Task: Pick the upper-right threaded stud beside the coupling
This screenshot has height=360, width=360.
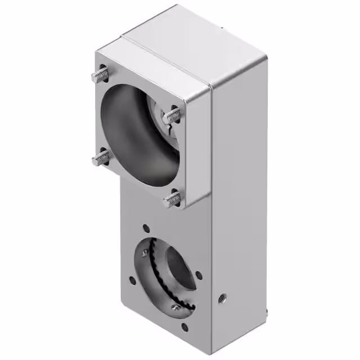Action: tap(172, 115)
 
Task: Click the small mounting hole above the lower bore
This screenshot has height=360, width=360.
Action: tap(146, 229)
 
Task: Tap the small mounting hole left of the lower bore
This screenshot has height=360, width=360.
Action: tap(132, 280)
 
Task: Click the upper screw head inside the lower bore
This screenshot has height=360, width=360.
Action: tap(147, 253)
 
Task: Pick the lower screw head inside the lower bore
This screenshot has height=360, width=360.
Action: tap(176, 307)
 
